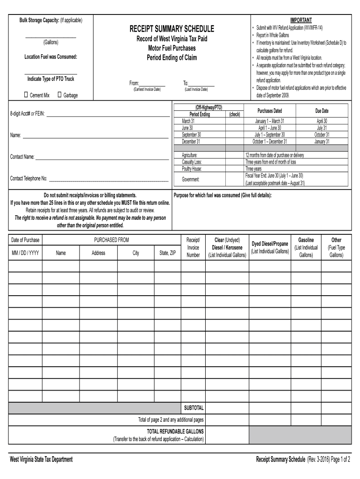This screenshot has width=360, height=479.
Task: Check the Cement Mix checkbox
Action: [x=26, y=95]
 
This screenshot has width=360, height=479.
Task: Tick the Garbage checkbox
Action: [x=59, y=95]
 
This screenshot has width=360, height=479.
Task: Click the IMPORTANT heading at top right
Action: [x=301, y=20]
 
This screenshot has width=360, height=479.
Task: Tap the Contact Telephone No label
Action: [x=29, y=178]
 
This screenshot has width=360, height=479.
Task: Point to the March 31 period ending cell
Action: [x=188, y=121]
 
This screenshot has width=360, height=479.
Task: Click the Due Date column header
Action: [x=322, y=111]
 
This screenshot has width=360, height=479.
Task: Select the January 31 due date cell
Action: [x=322, y=141]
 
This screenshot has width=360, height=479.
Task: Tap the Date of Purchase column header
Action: [x=25, y=240]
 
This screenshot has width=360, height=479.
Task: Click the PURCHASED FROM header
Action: [x=111, y=240]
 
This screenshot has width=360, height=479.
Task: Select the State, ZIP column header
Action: [x=167, y=253]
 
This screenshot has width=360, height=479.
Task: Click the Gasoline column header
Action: [x=306, y=240]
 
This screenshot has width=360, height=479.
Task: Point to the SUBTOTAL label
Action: [x=194, y=407]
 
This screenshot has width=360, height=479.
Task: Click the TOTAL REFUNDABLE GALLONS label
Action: [x=175, y=431]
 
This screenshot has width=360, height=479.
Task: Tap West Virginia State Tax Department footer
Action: [x=41, y=459]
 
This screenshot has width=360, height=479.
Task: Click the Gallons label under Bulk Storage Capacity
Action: [x=50, y=42]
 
